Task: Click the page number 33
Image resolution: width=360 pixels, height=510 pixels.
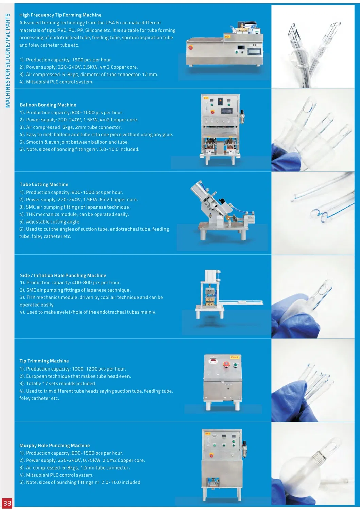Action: pos(7,503)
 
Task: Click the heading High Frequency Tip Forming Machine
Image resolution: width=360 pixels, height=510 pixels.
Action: pos(60,15)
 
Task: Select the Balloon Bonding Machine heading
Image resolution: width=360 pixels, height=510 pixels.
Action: pos(48,105)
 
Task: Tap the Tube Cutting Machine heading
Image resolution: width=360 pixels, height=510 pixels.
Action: pos(44,184)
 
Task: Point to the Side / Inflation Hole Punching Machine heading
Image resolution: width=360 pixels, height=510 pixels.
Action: pos(63,275)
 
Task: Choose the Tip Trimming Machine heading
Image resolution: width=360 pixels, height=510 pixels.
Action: pos(44,361)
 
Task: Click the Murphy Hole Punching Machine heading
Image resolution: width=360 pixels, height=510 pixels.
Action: pos(55,445)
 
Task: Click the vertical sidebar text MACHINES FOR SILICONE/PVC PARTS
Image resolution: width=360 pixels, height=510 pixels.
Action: pos(8,60)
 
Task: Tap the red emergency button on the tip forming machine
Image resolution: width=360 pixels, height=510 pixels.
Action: pos(190,47)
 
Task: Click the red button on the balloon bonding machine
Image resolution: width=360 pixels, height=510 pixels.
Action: pos(212,112)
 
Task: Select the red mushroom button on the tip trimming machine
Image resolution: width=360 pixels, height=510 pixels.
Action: pos(226,364)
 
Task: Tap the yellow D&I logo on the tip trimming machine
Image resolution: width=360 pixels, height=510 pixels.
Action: pos(234,357)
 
